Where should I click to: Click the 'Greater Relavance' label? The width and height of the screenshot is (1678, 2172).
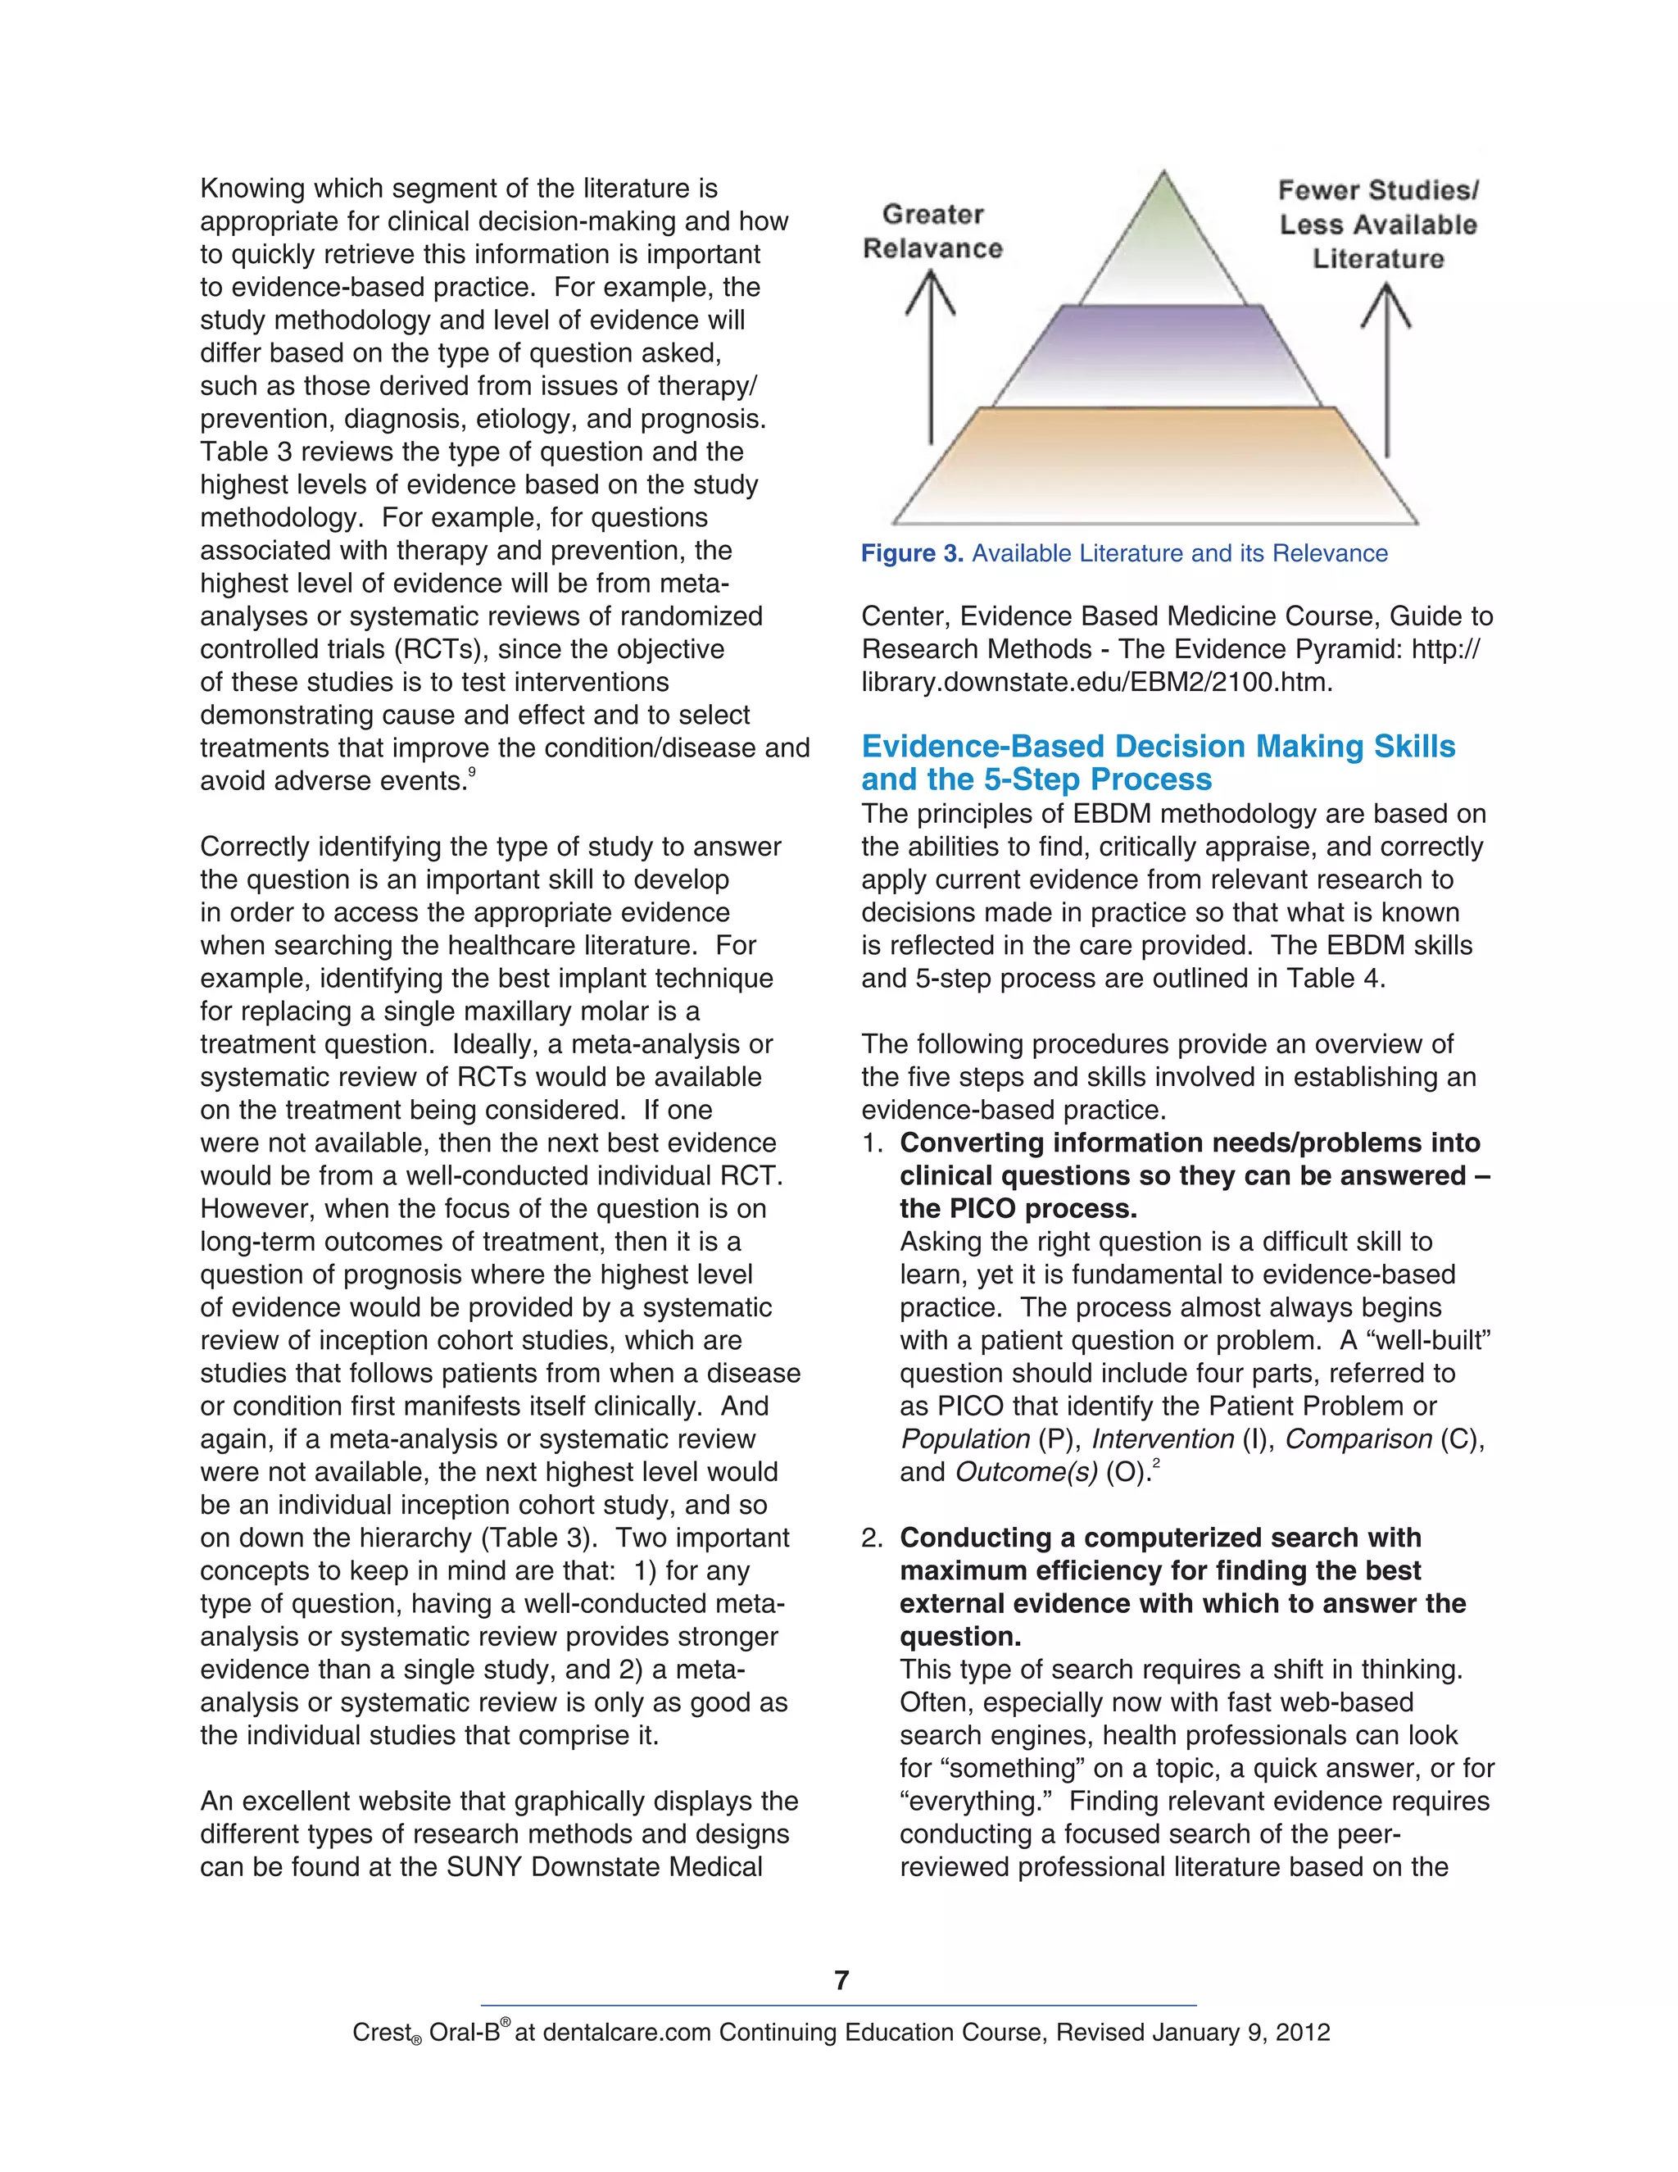932,231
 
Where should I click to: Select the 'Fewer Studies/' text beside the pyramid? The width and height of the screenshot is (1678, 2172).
1378,189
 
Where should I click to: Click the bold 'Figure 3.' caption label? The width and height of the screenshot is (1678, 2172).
912,554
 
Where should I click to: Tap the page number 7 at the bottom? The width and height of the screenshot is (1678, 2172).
841,1980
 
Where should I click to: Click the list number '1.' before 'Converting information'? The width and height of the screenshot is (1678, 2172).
873,1143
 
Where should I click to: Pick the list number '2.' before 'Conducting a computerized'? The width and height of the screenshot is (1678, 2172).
873,1538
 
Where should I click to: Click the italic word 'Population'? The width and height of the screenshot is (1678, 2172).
964,1439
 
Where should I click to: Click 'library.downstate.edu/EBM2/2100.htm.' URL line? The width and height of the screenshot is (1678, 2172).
1096,682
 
